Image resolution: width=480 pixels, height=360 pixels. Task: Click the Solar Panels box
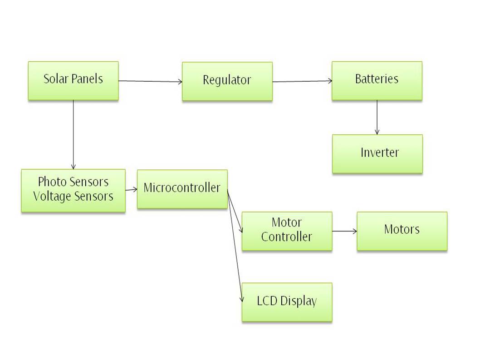(73, 81)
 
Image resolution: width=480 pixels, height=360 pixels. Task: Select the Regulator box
(227, 81)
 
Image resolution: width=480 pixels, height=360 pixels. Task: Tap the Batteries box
(377, 81)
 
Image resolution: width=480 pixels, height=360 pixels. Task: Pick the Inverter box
(377, 153)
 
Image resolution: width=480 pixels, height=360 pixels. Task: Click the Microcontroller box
(182, 189)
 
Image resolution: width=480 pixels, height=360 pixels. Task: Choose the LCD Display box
(287, 302)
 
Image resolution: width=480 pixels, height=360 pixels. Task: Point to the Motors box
(402, 231)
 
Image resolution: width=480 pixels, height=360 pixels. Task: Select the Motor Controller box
(286, 231)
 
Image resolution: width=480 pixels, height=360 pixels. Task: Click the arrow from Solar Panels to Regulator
(150, 81)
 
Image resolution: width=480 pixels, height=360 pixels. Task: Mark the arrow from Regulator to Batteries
(302, 81)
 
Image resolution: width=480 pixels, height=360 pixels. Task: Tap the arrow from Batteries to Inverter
(377, 117)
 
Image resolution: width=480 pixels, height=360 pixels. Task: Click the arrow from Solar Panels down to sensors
(73, 134)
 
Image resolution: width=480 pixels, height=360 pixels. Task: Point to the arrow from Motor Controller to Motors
(344, 231)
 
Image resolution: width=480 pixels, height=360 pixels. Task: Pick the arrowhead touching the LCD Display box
(242, 300)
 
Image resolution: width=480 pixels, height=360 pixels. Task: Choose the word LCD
(267, 301)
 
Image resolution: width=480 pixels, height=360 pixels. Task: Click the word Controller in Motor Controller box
(286, 237)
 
